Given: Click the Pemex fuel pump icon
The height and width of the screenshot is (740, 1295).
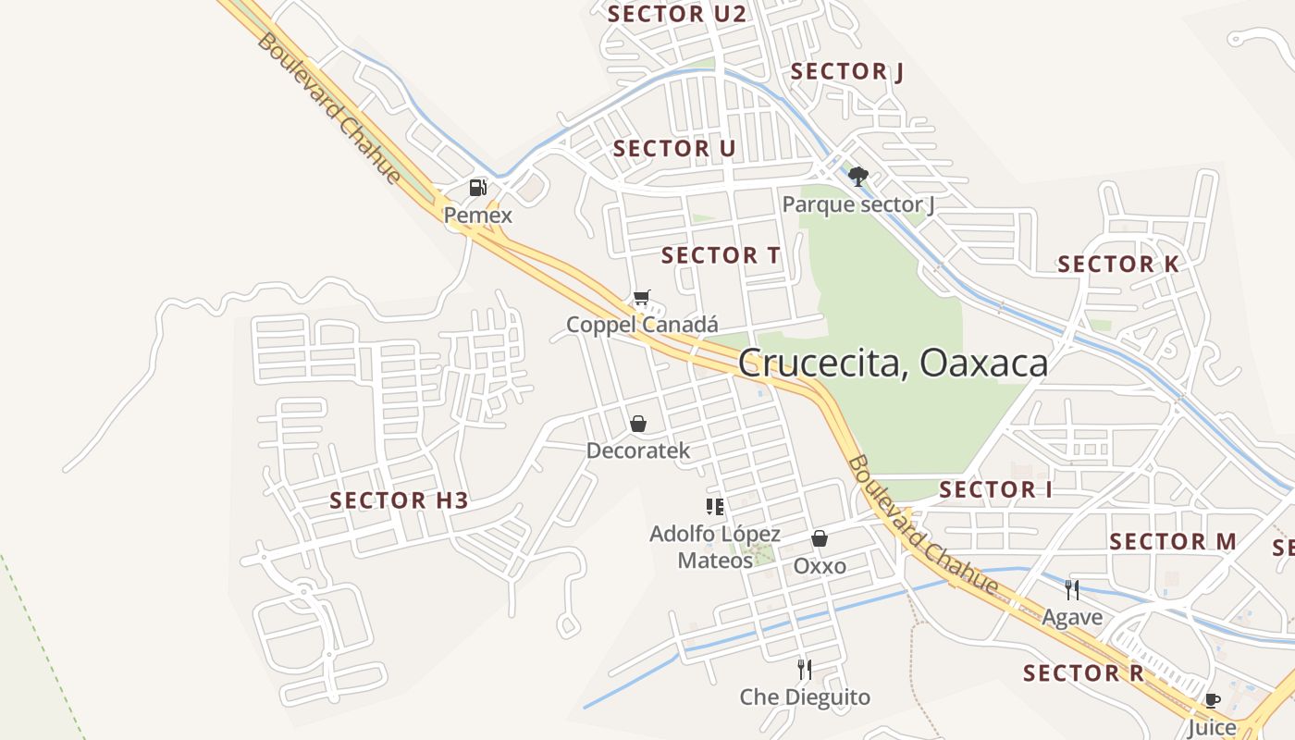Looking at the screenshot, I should pos(477,188).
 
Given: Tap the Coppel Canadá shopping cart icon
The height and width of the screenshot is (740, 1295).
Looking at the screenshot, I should pos(642,298).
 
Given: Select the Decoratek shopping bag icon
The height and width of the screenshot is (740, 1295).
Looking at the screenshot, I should pos(638,424).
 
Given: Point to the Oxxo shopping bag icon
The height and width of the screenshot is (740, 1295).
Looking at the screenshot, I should pos(820,537).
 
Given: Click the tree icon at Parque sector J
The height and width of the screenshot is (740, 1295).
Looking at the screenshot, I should pos(858,176).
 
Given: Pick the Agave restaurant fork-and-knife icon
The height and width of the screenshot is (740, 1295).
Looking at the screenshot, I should pos(1072,589).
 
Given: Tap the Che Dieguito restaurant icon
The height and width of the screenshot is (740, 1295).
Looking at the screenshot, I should pos(805,669).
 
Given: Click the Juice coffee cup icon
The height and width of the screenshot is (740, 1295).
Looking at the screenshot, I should pos(1212,700).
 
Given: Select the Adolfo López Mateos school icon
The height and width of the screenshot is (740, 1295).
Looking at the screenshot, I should pos(714,506).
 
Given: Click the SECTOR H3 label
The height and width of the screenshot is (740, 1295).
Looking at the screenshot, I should pos(400,501).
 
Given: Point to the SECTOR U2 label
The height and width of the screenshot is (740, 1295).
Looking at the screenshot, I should pos(676,14).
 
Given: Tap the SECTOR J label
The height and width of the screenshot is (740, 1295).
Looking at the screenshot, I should pos(847,71).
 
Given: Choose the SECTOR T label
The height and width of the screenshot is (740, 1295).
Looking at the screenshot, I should pos(721,255).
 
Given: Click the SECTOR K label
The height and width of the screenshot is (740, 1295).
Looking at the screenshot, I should pos(1118,265).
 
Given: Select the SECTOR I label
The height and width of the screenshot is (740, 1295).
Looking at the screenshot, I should pos(996,489).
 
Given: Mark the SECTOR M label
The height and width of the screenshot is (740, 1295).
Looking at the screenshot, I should pos(1173,541).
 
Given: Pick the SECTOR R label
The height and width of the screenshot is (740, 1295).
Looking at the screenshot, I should pos(1084,673).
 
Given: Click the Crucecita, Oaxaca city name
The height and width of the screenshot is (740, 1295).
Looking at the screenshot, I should pos(894,363).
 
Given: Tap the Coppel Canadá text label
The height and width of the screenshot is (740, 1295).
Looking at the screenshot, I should pos(642,325).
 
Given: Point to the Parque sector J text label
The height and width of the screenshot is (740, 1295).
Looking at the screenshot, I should pos(858,204).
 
